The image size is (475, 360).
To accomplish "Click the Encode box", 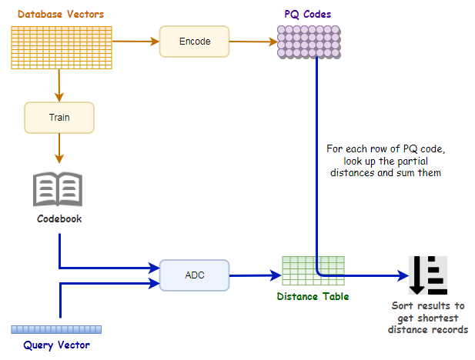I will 194,42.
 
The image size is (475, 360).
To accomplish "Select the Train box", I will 59,118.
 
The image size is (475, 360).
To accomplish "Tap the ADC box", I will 194,275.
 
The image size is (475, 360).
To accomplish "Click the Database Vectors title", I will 60,15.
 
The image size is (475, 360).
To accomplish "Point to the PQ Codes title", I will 308,15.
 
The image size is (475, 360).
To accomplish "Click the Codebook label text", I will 59,219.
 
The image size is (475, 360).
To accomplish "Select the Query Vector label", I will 56,345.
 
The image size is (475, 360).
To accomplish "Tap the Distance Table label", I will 313,296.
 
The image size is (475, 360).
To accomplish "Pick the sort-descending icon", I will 427,275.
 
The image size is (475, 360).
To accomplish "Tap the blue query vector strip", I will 56,329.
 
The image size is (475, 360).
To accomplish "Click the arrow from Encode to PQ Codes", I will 253,42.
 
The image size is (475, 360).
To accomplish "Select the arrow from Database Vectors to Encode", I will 135,42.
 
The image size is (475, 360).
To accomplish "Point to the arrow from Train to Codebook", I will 59,150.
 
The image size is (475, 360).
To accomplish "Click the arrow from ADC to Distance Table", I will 255,275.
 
